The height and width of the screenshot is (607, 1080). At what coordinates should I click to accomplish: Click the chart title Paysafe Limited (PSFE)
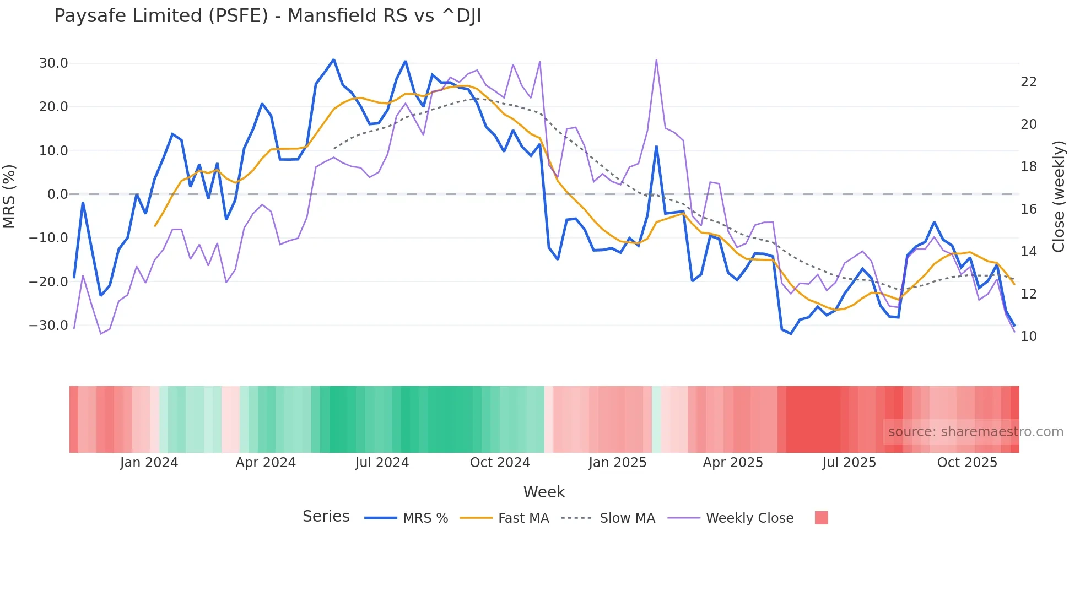coord(267,16)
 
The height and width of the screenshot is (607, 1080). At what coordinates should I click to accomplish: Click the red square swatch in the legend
coord(821,518)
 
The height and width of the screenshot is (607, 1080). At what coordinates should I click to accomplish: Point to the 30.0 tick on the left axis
coord(53,63)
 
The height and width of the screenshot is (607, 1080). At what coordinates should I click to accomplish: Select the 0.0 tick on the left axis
coord(57,194)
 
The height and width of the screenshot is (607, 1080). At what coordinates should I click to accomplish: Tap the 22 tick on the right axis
coord(1028,82)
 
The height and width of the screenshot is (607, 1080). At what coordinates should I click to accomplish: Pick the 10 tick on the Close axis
coord(1028,337)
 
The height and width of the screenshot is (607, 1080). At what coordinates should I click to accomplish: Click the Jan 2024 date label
coord(149,463)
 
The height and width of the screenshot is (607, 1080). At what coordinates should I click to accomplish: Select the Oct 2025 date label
coord(967,463)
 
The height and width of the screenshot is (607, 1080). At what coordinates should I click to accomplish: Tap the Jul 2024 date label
coord(382,463)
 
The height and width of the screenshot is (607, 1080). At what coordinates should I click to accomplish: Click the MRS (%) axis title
coord(9,196)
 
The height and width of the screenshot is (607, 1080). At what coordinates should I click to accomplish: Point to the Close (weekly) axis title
coord(1059,197)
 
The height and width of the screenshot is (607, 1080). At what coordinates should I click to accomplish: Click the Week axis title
coord(544,492)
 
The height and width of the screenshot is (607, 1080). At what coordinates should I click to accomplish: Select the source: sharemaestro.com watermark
coord(975,432)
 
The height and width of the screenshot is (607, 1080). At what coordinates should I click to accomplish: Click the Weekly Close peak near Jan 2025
coord(656,60)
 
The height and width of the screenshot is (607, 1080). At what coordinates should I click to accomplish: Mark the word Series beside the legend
coord(326,517)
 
